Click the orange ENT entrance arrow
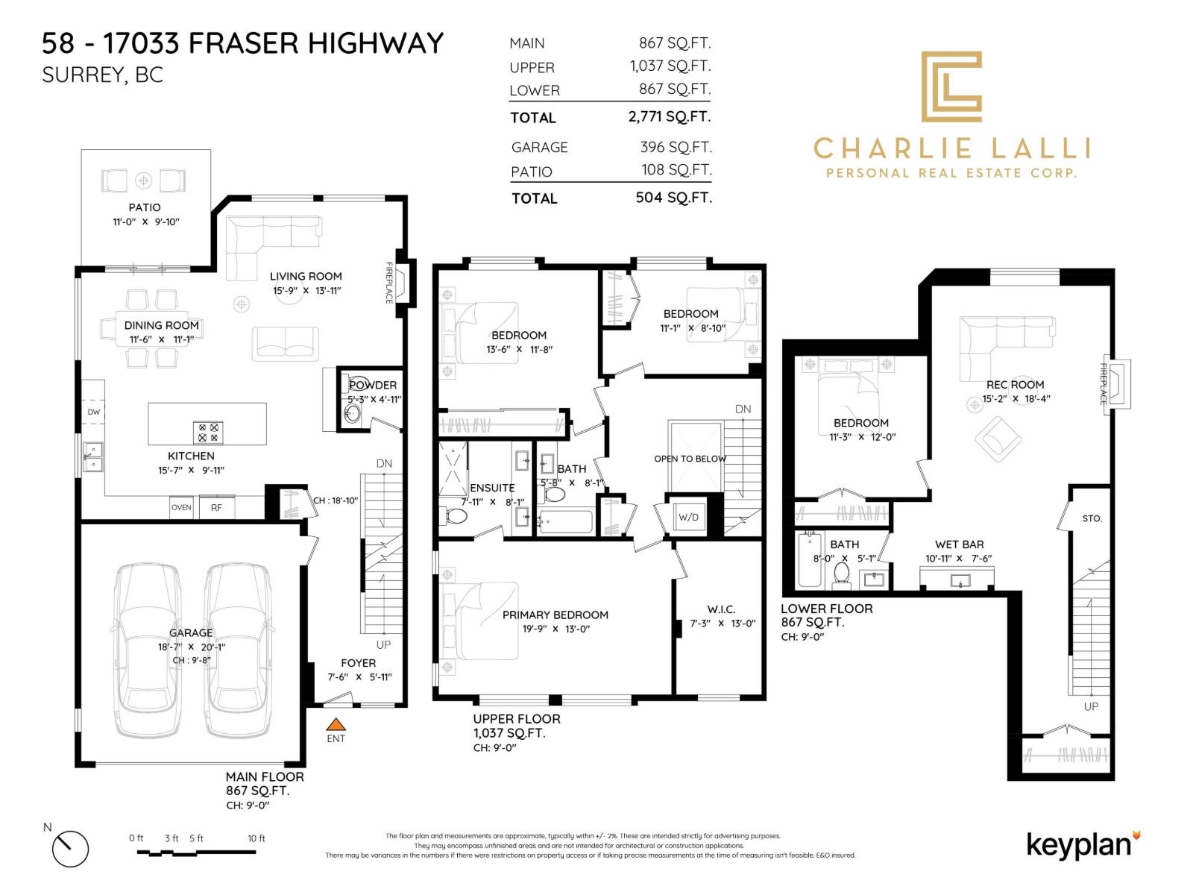(337, 723)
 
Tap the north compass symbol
(70, 848)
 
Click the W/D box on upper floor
(687, 517)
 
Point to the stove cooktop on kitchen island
(208, 433)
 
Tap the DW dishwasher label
(94, 412)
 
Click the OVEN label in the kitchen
(181, 507)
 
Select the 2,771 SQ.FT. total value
(670, 116)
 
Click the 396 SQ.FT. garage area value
(676, 147)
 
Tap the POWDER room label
(373, 385)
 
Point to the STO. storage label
(1092, 518)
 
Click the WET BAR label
(959, 544)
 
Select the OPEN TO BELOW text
(690, 459)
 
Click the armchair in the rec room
(998, 439)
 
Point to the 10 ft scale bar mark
(256, 839)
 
